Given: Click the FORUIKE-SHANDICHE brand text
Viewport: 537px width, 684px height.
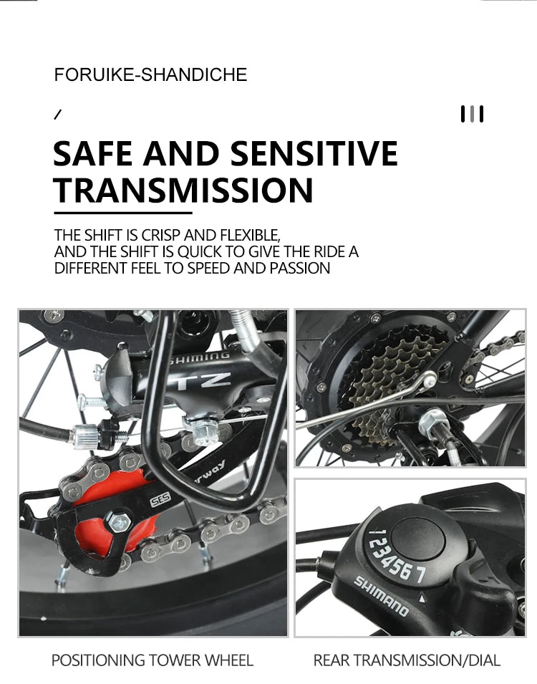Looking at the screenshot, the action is [150, 74].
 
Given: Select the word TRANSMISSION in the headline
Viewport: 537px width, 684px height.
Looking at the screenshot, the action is [183, 191].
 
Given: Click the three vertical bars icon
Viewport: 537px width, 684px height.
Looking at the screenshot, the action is [472, 114].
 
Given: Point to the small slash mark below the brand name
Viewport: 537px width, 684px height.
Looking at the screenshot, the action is [57, 115].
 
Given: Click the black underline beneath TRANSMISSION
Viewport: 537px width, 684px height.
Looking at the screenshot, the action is [123, 213].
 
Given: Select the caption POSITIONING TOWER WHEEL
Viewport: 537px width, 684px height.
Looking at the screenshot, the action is [153, 660].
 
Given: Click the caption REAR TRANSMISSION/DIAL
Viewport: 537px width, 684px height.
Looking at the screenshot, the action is [407, 660].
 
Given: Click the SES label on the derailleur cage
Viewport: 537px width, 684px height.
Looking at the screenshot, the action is [160, 501].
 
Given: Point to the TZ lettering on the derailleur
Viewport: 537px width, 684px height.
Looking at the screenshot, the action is [205, 380].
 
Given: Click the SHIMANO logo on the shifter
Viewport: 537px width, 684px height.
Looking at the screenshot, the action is [381, 596].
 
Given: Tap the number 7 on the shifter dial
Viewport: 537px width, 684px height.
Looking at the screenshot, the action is [420, 575].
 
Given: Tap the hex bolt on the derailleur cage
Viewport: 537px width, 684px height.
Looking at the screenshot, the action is [119, 521].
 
